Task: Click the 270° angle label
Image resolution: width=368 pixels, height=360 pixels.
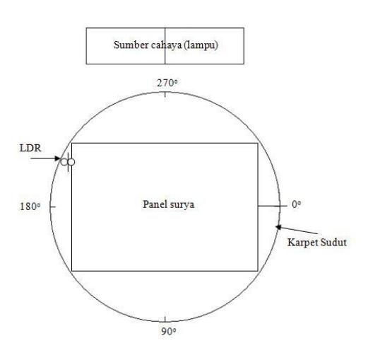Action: (167, 83)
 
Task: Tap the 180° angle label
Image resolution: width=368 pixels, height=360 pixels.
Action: (30, 207)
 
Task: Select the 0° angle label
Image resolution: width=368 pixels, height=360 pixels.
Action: (296, 204)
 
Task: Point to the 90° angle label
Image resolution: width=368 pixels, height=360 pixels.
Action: (168, 332)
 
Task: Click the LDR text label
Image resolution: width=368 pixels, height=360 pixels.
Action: (30, 148)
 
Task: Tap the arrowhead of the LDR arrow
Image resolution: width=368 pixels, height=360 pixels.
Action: (58, 158)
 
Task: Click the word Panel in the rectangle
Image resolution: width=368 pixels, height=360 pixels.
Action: (153, 204)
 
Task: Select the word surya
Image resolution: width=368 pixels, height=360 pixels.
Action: (182, 205)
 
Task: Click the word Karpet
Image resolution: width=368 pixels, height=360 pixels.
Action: (301, 243)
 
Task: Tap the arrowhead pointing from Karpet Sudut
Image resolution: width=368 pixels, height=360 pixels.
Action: (278, 227)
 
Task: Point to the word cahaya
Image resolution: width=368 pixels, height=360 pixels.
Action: (166, 45)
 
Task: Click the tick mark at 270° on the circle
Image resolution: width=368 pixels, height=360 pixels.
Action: (165, 95)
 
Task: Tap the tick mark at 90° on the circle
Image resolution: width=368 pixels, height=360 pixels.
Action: (165, 319)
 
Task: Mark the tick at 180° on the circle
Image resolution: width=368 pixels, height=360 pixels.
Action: (53, 207)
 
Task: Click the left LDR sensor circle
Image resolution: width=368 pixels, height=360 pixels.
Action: (64, 162)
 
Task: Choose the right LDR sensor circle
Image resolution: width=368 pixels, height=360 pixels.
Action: (71, 162)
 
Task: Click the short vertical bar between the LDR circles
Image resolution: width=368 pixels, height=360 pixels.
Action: (68, 162)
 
